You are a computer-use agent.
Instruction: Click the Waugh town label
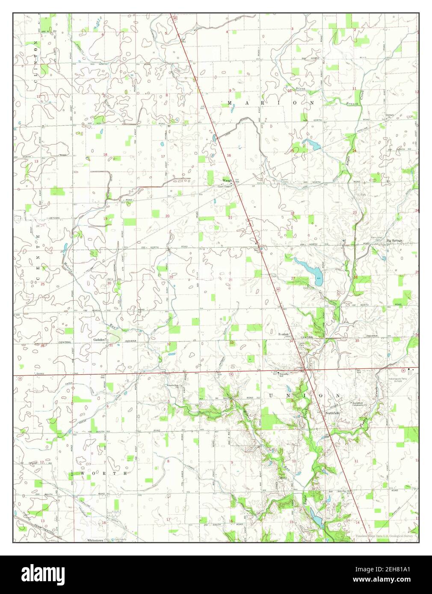tap(226, 180)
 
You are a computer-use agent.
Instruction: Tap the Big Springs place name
tap(395, 241)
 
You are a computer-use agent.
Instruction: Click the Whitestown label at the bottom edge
tap(96, 540)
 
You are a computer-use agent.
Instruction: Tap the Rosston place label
tap(284, 334)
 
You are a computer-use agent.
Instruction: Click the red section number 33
tap(231, 343)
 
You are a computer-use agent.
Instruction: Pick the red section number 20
tap(167, 216)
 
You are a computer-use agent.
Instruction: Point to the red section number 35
tap(357, 341)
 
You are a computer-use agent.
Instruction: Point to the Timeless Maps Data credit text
tap(384, 536)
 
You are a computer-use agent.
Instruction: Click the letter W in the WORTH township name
tap(82, 473)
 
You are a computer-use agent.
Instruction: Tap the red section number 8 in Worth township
tap(168, 462)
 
